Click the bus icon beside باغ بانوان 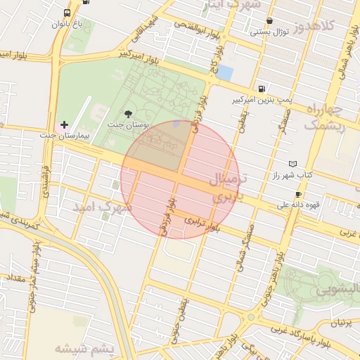tap(67, 13)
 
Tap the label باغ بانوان tap(67, 24)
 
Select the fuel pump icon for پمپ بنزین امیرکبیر tap(262, 89)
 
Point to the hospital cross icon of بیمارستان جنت tap(65, 124)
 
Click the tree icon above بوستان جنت tap(127, 113)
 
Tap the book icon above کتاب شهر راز tap(293, 163)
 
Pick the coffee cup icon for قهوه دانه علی tap(299, 195)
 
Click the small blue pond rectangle tap(224, 72)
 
